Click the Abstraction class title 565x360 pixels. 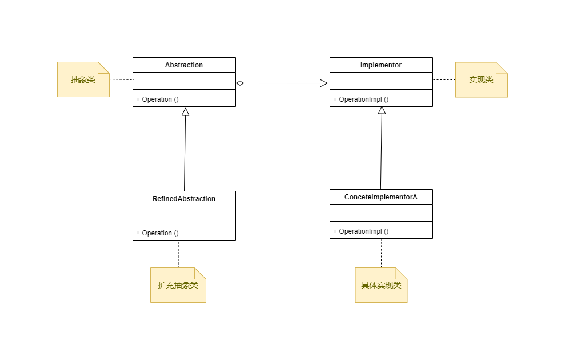click(184, 65)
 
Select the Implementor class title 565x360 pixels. click(380, 65)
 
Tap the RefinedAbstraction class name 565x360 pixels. click(184, 199)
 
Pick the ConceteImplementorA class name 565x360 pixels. click(380, 197)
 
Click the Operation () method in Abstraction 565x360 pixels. click(158, 99)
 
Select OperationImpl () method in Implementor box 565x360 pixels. click(361, 99)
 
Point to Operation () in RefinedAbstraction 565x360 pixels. click(158, 233)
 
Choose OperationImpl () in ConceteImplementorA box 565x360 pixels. click(361, 231)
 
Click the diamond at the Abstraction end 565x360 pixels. click(240, 83)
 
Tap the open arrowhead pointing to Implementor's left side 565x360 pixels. click(324, 83)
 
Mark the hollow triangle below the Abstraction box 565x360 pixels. click(185, 111)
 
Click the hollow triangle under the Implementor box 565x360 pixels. click(382, 111)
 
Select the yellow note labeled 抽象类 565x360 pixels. click(83, 79)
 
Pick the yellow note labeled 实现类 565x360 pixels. click(481, 79)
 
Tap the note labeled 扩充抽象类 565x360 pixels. click(178, 285)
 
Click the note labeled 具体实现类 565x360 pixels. click(381, 285)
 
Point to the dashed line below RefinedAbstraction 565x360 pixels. click(178, 254)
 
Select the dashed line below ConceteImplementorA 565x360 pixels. click(381, 253)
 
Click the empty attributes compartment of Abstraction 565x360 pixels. click(184, 81)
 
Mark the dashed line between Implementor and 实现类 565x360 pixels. click(444, 80)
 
